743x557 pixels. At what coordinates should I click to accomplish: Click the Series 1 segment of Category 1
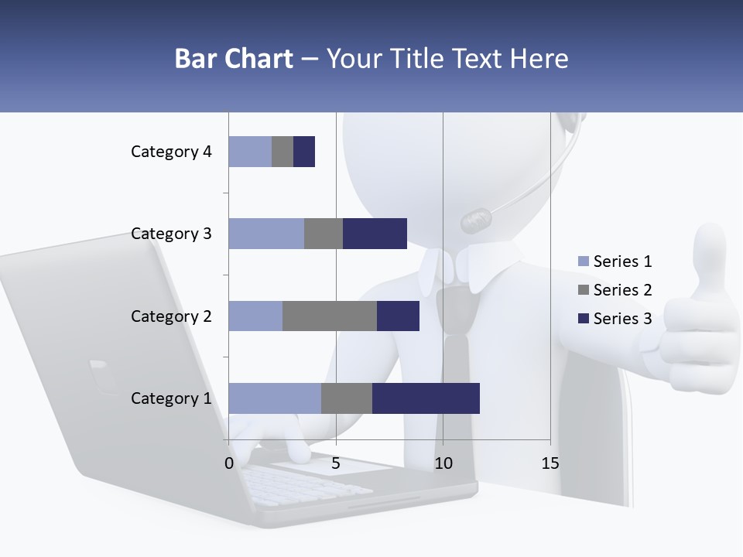coord(274,398)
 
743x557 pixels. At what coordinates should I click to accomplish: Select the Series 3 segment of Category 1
coord(426,398)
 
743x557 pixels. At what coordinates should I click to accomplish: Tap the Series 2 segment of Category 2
coord(329,316)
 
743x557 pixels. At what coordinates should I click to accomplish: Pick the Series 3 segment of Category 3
coord(375,234)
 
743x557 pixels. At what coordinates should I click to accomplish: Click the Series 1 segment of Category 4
coord(250,152)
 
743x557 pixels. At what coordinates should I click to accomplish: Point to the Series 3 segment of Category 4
coord(304,152)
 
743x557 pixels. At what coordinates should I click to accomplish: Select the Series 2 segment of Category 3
coord(323,234)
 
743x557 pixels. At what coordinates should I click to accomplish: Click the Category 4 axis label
coord(171,152)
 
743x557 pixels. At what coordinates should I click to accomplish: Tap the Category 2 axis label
coord(171,316)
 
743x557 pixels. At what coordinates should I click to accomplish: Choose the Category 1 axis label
coord(171,398)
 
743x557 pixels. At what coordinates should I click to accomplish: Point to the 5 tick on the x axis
coord(336,463)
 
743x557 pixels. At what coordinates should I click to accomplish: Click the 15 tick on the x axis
coord(550,463)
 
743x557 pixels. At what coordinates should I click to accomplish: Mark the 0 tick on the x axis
coord(229,463)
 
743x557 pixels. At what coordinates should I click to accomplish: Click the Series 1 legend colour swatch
coord(583,261)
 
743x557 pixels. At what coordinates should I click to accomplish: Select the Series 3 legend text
coord(622,318)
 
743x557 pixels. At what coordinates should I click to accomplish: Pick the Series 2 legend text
coord(622,290)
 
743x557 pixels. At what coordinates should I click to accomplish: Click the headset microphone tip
coord(475,221)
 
